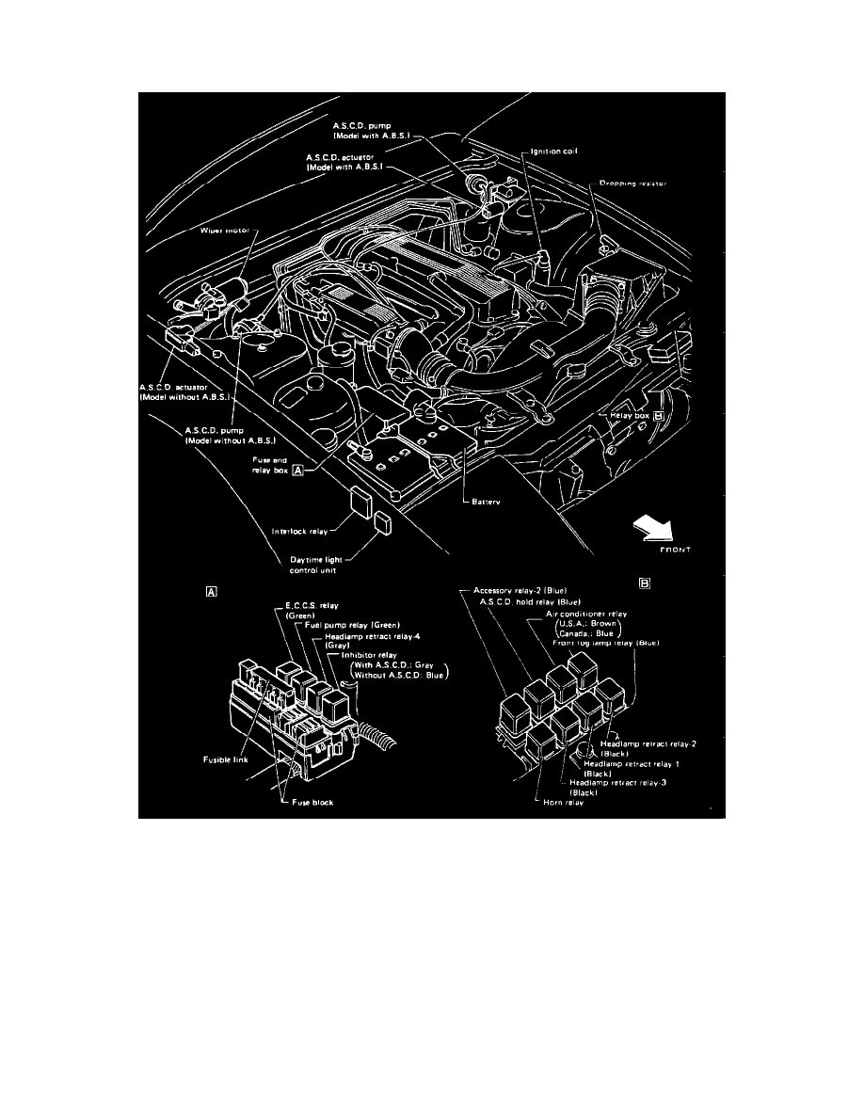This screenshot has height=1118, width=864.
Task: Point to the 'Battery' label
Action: point(486,503)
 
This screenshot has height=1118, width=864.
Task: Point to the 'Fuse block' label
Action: point(312,802)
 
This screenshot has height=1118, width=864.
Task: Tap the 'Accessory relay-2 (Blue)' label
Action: point(520,591)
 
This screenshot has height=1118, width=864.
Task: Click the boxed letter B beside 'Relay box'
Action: point(659,414)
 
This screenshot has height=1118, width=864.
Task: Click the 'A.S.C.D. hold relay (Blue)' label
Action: point(529,601)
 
